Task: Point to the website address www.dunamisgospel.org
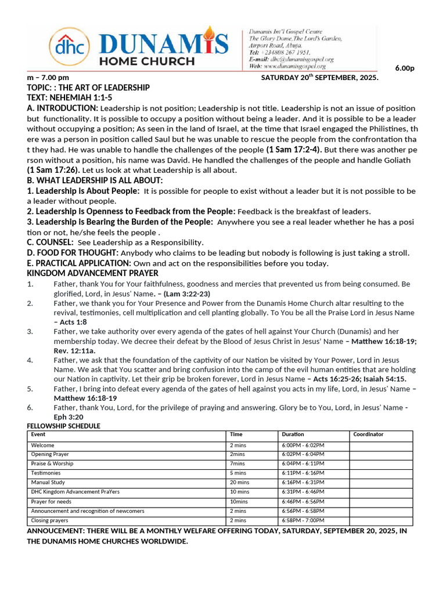[297, 66]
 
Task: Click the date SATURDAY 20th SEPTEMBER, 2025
[319, 78]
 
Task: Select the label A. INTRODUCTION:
[63, 108]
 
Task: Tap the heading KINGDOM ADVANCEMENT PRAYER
[92, 273]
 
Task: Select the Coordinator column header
[368, 434]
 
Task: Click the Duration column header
[293, 434]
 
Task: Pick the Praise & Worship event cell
[52, 464]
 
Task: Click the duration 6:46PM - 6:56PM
[303, 501]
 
